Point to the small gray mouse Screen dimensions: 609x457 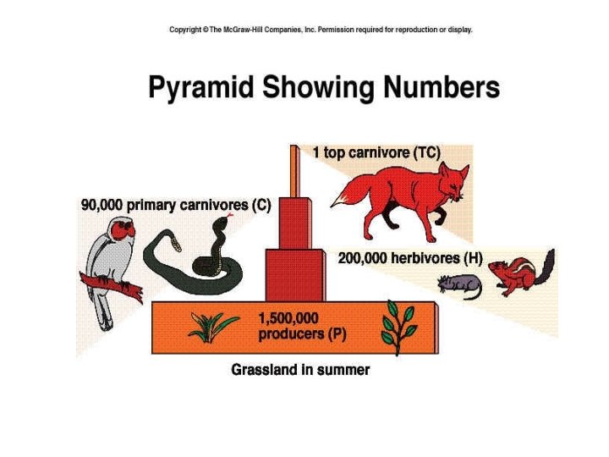(461, 284)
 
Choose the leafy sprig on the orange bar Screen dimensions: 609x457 (398, 329)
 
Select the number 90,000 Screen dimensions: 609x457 (103, 205)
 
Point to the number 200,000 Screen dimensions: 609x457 (361, 258)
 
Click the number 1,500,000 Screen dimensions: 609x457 (288, 318)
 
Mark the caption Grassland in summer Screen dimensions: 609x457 (300, 370)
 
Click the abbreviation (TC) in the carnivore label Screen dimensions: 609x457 (427, 153)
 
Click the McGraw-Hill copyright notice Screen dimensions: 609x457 (321, 30)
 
